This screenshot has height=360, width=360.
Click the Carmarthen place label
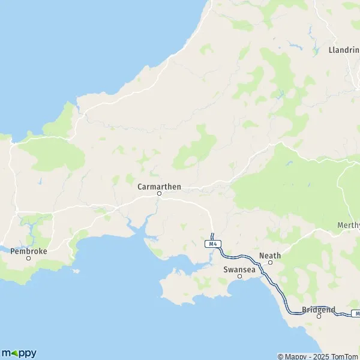pos(159,187)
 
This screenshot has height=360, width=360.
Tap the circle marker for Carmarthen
pos(160,194)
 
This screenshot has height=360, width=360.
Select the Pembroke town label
pos(29,251)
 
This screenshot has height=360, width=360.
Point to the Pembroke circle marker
pos(28,259)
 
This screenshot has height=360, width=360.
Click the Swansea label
pos(239,269)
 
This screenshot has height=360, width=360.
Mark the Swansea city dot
pos(239,277)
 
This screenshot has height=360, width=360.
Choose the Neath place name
pos(270,256)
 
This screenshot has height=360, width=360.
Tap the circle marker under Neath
pos(270,262)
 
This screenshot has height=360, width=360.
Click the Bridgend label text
pos(319,310)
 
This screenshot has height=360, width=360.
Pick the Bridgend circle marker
pos(319,316)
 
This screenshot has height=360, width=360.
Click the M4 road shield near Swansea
pos(211,244)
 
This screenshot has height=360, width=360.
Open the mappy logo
pos(19,353)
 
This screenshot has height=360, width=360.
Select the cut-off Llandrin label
pos(344,50)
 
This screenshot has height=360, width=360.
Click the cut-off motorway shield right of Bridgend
pos(356,314)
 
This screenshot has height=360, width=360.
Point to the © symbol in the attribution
pos(280,356)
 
